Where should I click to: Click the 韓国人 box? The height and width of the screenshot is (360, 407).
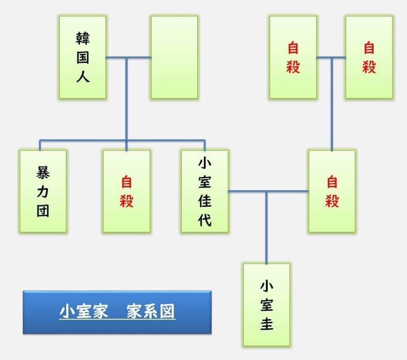[82, 57]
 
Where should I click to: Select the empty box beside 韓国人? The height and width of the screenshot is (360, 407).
[175, 57]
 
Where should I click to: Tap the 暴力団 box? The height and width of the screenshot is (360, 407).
[43, 191]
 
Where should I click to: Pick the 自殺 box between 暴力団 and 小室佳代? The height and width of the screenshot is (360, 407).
[127, 191]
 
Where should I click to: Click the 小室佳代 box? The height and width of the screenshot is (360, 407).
[205, 191]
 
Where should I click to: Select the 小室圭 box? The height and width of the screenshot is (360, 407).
[266, 305]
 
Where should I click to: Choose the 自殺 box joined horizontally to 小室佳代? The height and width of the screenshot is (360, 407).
[332, 191]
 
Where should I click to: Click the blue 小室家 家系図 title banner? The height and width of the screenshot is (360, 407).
[117, 312]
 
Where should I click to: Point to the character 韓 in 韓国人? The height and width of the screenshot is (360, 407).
[83, 38]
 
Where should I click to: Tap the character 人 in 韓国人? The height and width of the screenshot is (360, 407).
[83, 76]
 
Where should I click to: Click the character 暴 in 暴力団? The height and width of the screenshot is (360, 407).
[43, 172]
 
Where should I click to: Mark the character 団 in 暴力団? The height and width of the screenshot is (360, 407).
[43, 210]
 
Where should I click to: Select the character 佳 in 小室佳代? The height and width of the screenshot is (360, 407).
[205, 201]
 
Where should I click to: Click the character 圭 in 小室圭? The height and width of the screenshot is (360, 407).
[266, 324]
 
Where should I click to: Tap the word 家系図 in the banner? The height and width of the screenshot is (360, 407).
[150, 312]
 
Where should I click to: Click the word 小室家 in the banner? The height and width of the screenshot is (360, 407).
[84, 312]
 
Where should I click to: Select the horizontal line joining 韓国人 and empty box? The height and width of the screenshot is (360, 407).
[128, 58]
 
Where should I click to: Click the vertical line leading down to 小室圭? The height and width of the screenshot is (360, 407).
[266, 228]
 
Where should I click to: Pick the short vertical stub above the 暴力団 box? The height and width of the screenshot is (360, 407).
[40, 146]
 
